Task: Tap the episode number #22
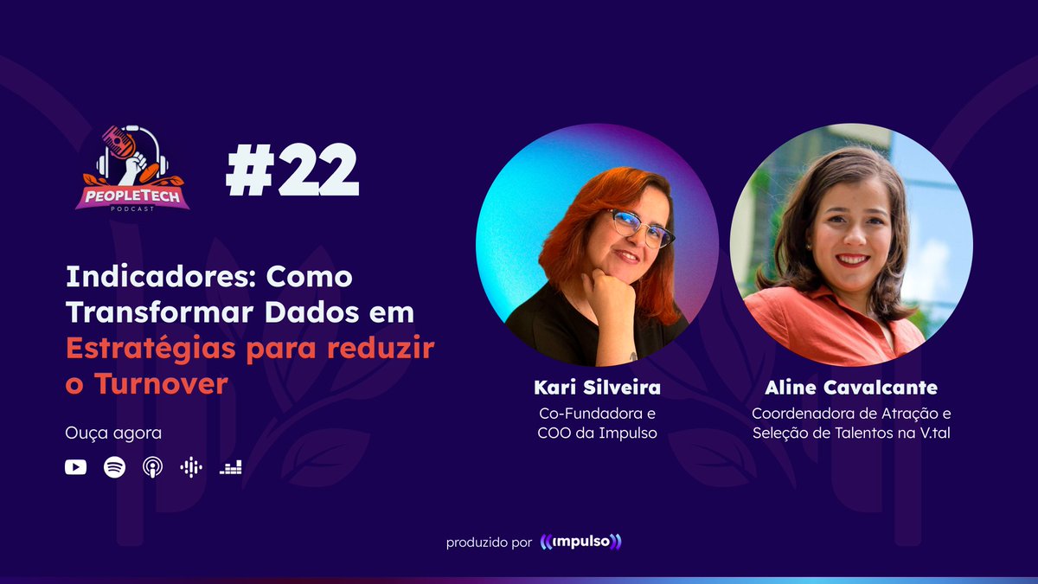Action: (x=292, y=171)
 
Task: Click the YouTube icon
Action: (x=75, y=467)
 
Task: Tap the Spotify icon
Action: (x=114, y=467)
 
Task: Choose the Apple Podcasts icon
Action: (x=152, y=467)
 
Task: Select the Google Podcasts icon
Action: (x=191, y=467)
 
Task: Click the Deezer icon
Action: (x=230, y=467)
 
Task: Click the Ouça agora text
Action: (x=101, y=432)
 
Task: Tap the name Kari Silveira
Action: (x=597, y=387)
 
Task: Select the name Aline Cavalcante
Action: (x=851, y=387)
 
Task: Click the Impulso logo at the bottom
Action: (x=580, y=542)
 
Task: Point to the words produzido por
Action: (x=489, y=543)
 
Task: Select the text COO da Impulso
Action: (x=597, y=433)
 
